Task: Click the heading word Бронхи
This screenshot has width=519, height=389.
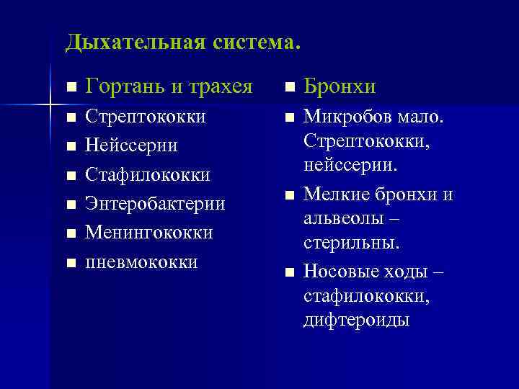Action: [x=340, y=87]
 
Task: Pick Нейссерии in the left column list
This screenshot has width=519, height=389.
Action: [x=131, y=146]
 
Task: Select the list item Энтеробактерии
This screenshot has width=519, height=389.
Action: [x=155, y=204]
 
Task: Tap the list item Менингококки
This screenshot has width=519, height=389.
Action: [x=149, y=233]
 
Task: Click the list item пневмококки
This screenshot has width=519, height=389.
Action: [x=141, y=261]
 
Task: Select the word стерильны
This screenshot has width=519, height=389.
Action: [x=351, y=243]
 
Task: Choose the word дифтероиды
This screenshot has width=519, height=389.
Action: [x=356, y=319]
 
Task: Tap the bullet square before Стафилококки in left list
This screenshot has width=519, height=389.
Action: [x=70, y=175]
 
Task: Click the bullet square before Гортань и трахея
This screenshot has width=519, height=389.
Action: [x=70, y=88]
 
